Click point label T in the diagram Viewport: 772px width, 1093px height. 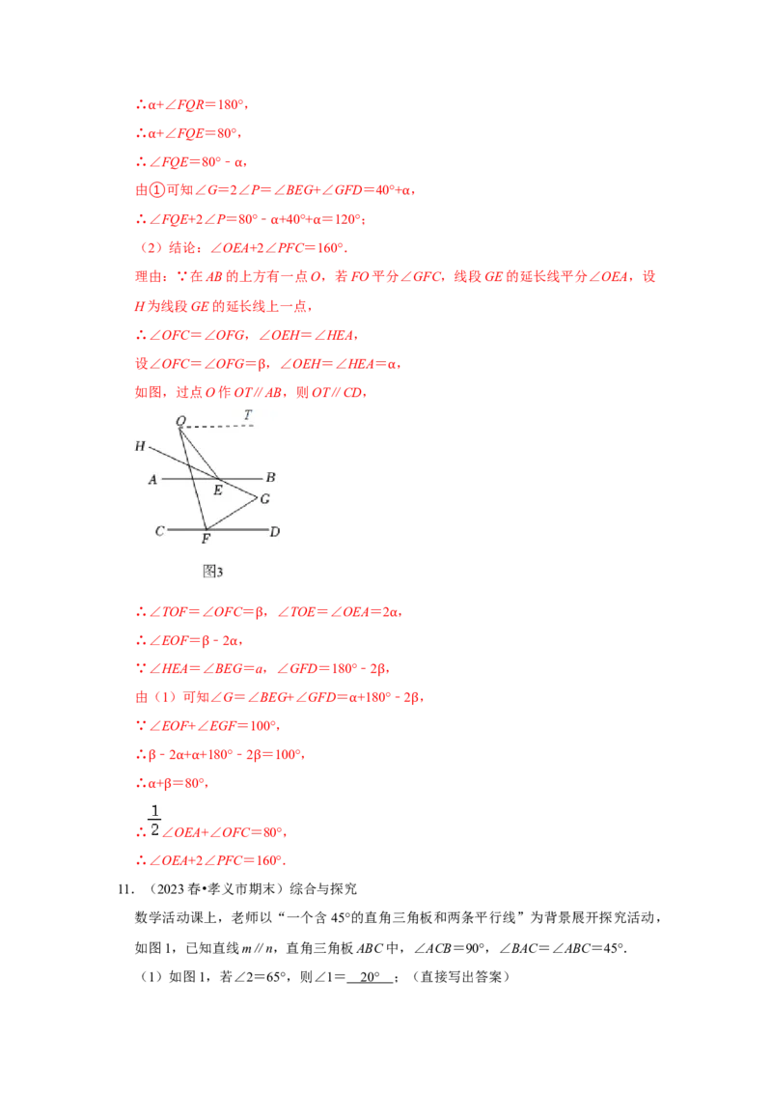click(248, 415)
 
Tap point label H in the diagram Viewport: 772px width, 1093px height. click(140, 446)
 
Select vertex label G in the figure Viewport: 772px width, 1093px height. click(264, 499)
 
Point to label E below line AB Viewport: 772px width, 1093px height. click(218, 490)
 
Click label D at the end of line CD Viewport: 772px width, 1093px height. click(274, 532)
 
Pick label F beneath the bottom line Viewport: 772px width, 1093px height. click(206, 539)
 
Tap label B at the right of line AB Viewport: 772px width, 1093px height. click(270, 478)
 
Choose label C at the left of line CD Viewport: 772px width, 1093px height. click(159, 531)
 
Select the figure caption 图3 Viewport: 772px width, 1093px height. click(212, 572)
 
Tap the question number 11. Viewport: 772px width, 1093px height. click(124, 889)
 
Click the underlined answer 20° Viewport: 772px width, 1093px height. click(370, 977)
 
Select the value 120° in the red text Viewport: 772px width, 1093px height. click(347, 219)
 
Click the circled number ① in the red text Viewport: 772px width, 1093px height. click(158, 190)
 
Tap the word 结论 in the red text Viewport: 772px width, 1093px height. click(182, 248)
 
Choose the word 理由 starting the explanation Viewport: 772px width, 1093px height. click(149, 277)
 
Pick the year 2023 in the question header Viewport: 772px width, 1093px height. click(171, 889)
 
